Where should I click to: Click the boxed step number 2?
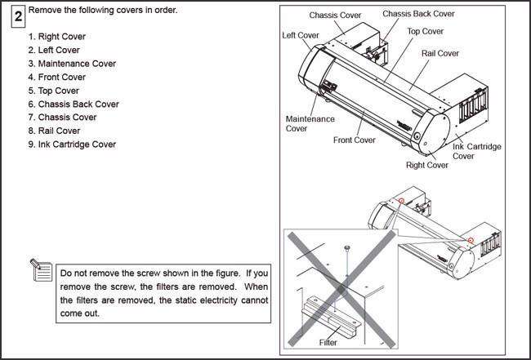pos(17,16)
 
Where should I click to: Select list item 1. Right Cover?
pos(56,37)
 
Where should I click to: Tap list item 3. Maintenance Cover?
pos(72,64)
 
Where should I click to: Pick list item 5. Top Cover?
pos(54,91)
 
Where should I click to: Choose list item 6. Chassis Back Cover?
pos(74,104)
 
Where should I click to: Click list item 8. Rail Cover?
pos(54,131)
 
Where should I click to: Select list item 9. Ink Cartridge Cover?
pos(72,144)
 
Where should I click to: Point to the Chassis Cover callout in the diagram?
pos(336,16)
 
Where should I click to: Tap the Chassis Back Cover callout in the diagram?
pos(419,14)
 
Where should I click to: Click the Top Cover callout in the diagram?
pos(426,31)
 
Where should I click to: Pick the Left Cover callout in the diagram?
pos(300,35)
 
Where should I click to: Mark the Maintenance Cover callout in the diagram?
pos(309,123)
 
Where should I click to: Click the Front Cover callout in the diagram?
pos(354,140)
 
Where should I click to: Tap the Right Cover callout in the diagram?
pos(426,165)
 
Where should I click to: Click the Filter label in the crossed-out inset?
pos(328,342)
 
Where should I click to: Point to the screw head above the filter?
pos(347,246)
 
